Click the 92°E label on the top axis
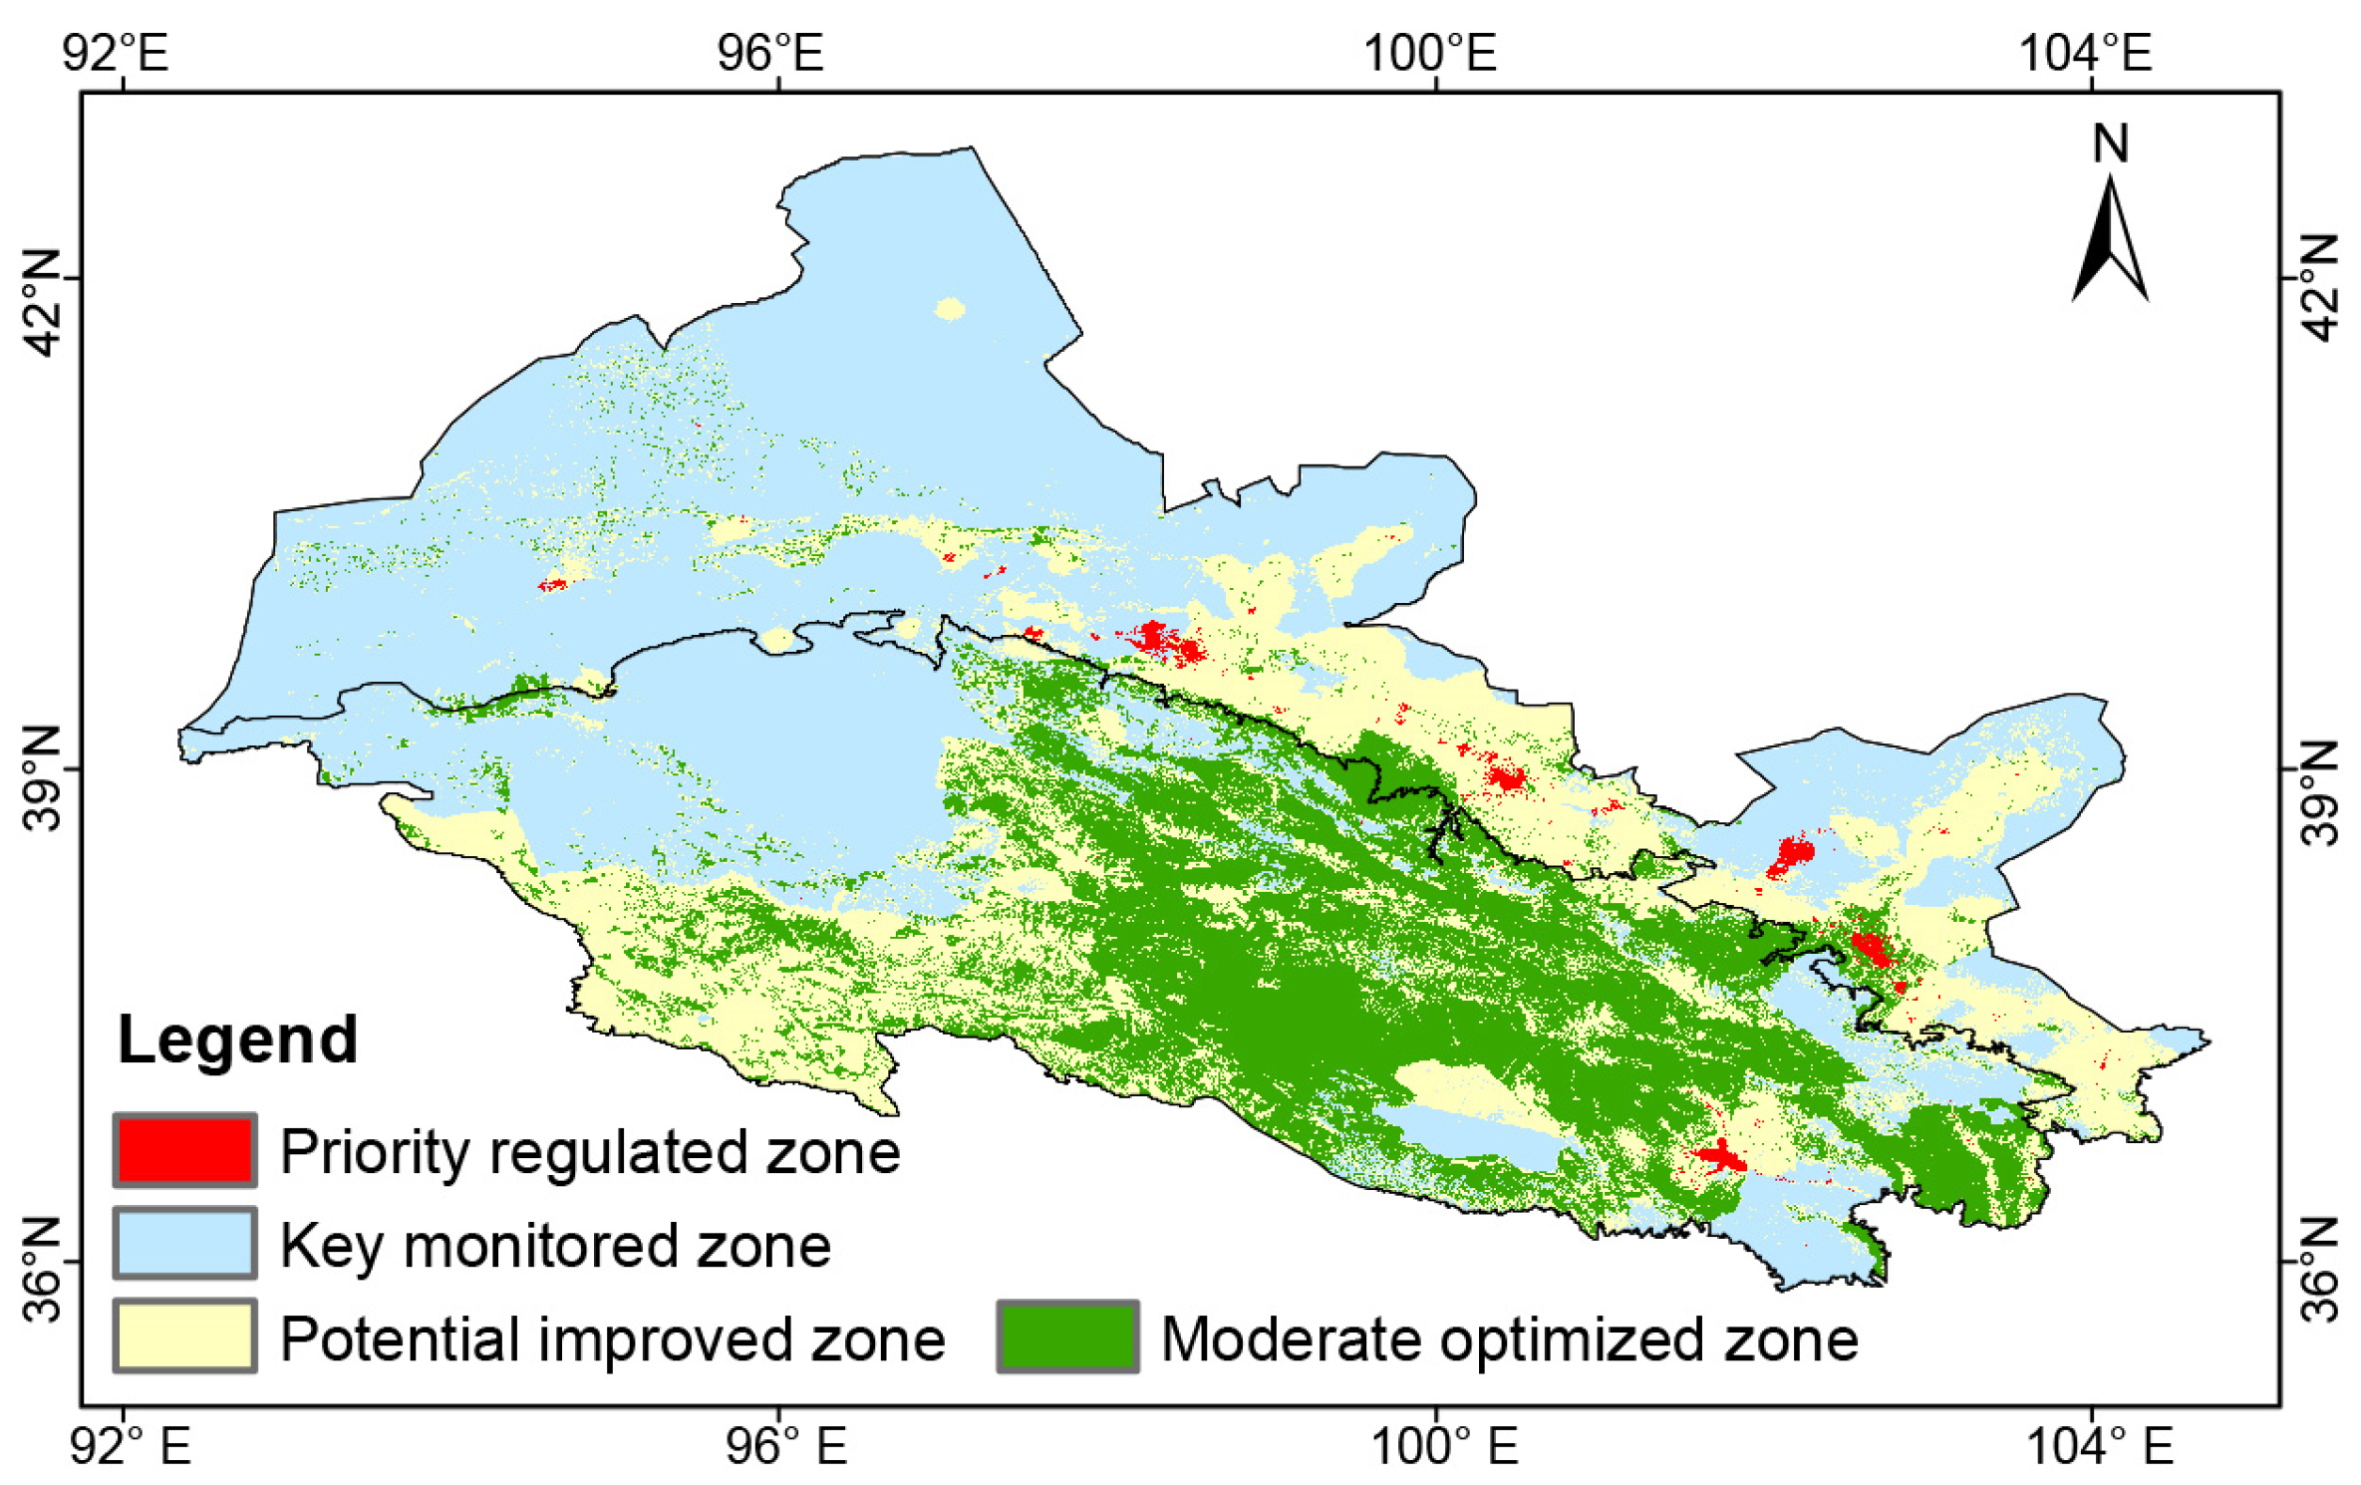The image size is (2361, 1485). pos(116,52)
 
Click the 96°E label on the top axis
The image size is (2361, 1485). pos(770,52)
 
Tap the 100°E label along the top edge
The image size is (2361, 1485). pos(1429,52)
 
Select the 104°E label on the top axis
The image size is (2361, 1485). pos(2085,52)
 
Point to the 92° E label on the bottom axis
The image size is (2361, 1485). pos(130,1446)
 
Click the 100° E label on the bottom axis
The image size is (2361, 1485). pos(1444,1446)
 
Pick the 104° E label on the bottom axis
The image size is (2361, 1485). pos(2100,1446)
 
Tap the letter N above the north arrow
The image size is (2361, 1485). pos(2110,144)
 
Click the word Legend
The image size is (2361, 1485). pos(237,1039)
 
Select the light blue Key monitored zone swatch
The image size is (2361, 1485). pos(184,1243)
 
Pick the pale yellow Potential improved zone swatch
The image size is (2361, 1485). pos(184,1336)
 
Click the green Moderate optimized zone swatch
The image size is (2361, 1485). pos(1067,1336)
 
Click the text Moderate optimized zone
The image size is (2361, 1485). pos(1509,1338)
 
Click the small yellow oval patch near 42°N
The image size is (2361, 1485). pos(950,309)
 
